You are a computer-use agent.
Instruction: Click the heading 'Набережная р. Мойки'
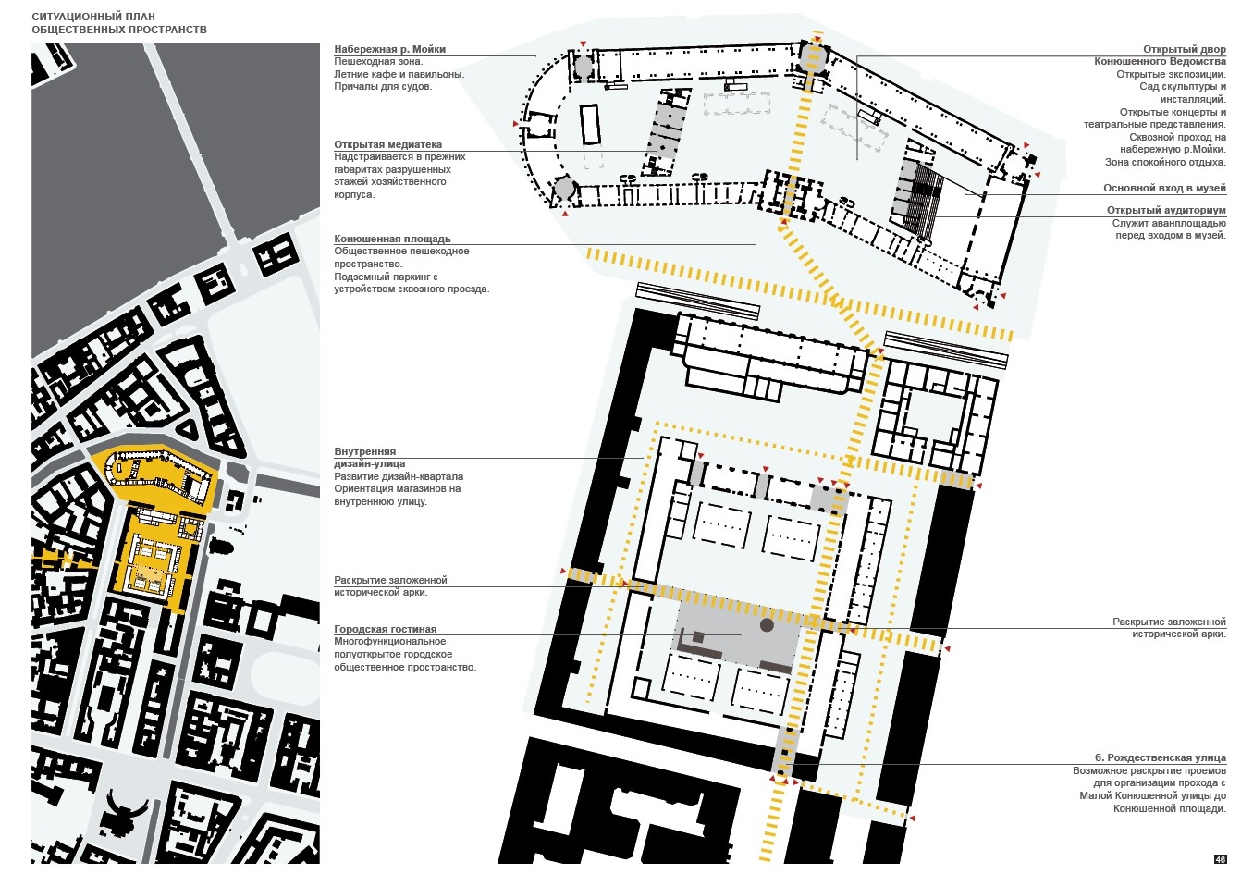tap(389, 49)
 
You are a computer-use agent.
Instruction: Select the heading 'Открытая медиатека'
tap(387, 144)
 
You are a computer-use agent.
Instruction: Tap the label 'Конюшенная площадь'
tap(392, 239)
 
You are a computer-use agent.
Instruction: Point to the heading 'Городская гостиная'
tap(385, 629)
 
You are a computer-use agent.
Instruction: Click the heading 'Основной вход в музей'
tap(1164, 188)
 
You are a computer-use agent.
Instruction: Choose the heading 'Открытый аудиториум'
tap(1166, 210)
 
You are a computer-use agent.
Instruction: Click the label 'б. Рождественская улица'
tap(1161, 757)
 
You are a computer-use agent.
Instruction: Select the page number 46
tap(1220, 859)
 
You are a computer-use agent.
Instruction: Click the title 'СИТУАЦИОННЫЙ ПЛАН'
tap(93, 17)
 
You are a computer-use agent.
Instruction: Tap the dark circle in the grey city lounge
tap(767, 625)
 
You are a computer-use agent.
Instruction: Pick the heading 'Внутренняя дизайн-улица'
tap(370, 457)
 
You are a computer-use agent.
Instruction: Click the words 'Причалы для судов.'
tap(383, 86)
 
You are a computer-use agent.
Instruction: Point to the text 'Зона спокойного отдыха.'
tap(1165, 163)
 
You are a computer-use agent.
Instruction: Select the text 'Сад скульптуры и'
tap(1182, 86)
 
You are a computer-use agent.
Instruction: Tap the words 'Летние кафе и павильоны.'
tap(399, 74)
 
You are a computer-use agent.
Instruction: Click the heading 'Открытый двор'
tap(1185, 49)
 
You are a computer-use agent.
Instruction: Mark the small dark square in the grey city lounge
tap(698, 637)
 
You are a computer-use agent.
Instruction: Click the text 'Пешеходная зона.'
tap(378, 62)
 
